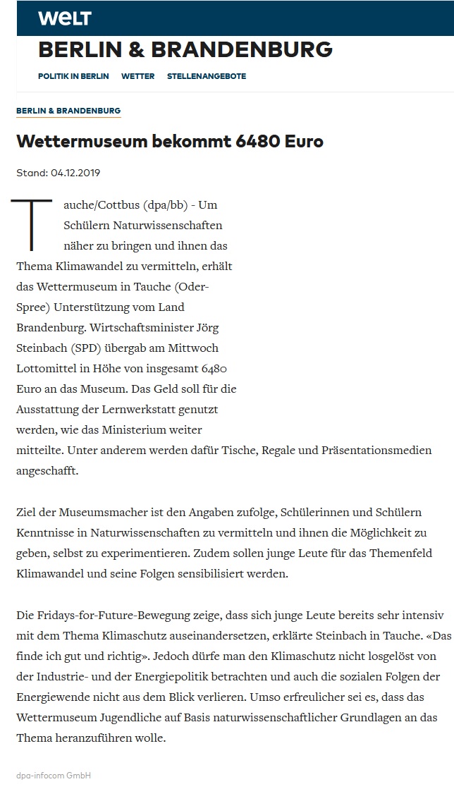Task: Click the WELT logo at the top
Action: [x=64, y=18]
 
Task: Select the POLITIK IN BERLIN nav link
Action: [x=73, y=76]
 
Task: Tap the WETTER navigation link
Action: [x=137, y=76]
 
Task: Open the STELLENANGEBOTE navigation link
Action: [x=207, y=76]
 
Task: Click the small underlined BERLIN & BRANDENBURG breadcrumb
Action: [x=68, y=111]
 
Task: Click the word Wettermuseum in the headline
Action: [x=82, y=141]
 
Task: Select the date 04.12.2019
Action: [x=80, y=173]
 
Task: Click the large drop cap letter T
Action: [x=31, y=225]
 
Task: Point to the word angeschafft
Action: [x=47, y=470]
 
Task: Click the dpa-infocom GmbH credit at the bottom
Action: [x=54, y=776]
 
